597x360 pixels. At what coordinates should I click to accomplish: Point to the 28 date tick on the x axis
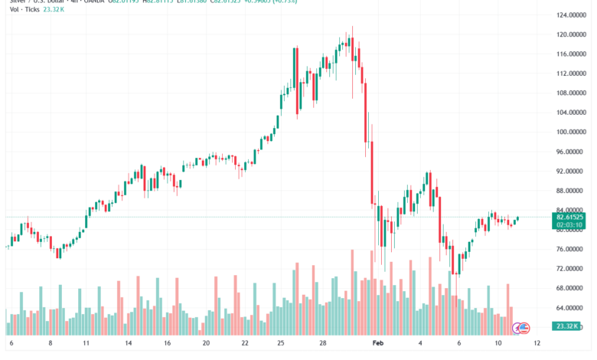tap(325, 345)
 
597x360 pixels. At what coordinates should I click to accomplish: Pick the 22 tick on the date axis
tap(244, 345)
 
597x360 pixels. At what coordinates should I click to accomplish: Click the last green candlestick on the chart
tap(518, 218)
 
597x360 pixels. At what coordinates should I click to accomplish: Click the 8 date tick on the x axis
tap(50, 345)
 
